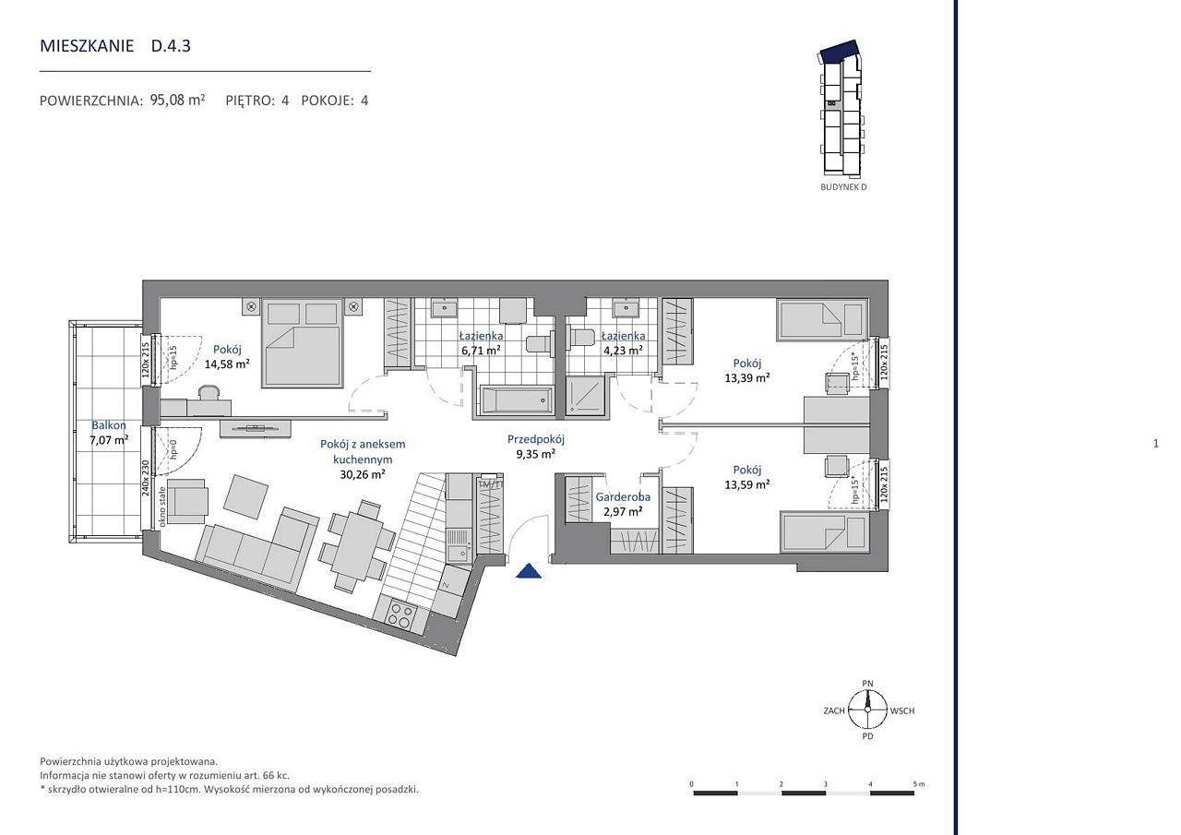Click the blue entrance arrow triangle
(x=529, y=572)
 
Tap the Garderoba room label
(x=623, y=496)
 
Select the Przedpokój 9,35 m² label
(x=536, y=447)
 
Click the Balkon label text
(x=109, y=424)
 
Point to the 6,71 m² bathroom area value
(x=481, y=350)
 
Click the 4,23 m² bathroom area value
(x=623, y=350)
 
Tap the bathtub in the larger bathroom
(x=517, y=400)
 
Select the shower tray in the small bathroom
(x=585, y=396)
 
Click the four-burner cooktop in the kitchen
(x=400, y=615)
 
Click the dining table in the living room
(x=356, y=545)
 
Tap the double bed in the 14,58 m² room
(x=303, y=342)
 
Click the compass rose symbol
(x=867, y=710)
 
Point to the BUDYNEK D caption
(x=843, y=187)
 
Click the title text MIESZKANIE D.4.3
(x=115, y=46)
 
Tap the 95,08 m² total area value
(x=177, y=100)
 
